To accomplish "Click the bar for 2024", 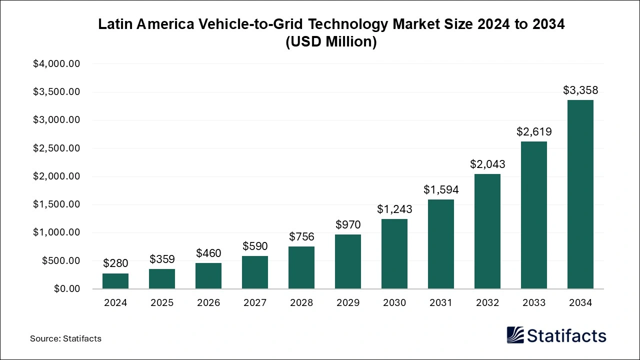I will click(x=115, y=281).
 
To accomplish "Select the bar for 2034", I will click(x=580, y=194).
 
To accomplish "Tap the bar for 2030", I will click(x=394, y=254).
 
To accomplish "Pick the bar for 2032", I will click(x=487, y=231).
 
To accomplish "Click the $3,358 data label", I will click(x=580, y=90).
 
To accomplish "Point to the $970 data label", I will click(x=348, y=225).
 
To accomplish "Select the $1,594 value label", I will click(x=441, y=190).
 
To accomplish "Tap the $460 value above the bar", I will click(x=208, y=253).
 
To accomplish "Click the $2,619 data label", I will click(x=534, y=132).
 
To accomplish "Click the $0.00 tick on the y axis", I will click(x=66, y=289).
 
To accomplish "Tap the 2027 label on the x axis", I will click(x=255, y=303).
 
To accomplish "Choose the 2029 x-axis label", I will click(x=348, y=303).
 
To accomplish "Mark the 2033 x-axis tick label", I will click(x=534, y=303).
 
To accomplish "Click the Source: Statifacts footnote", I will click(x=65, y=338).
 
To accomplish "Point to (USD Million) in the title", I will click(x=331, y=42).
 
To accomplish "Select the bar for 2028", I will click(x=301, y=267).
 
